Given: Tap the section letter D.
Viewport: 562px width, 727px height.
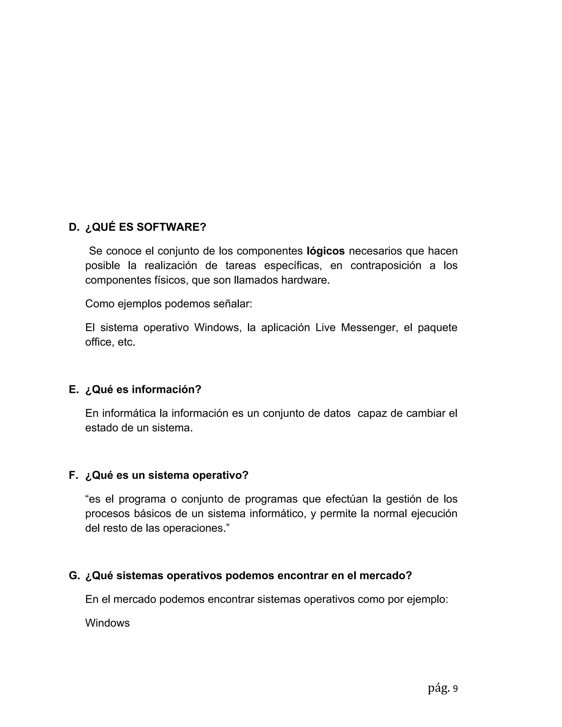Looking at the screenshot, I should click(x=74, y=227).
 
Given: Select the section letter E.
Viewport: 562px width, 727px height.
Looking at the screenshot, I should click(x=73, y=390).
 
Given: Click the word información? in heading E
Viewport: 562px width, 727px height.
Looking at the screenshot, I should click(x=167, y=390).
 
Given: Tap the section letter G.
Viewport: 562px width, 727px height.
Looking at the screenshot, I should click(x=74, y=576).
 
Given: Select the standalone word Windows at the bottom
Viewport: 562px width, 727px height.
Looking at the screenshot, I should click(x=107, y=623).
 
